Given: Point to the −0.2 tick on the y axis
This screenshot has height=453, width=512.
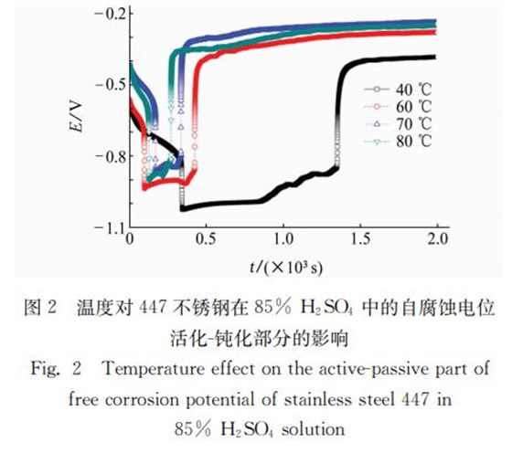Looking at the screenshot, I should (x=112, y=15).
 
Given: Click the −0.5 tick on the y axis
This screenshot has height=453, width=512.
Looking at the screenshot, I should (x=112, y=85).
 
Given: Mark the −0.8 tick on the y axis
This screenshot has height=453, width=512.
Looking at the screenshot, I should (x=112, y=156).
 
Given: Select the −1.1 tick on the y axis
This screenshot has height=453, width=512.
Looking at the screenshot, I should (x=112, y=226).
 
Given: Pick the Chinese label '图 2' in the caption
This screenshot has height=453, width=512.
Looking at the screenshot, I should (x=38, y=310).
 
